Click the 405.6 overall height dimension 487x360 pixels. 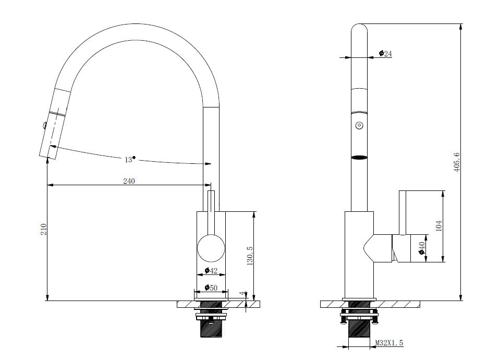click(456, 163)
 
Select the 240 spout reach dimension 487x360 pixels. click(129, 181)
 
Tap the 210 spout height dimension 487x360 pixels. click(43, 230)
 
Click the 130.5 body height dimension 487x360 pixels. click(250, 256)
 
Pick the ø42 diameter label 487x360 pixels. click(211, 271)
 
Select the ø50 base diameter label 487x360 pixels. click(211, 288)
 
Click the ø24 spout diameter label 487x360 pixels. click(385, 53)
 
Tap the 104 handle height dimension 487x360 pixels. click(439, 226)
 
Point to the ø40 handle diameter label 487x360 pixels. click(421, 248)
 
